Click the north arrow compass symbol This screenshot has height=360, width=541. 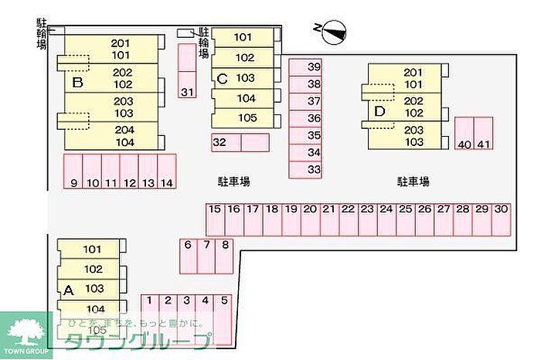332,30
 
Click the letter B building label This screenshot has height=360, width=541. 76,82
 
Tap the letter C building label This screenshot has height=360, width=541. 222,78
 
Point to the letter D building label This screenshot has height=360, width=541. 379,111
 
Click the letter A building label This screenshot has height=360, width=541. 68,290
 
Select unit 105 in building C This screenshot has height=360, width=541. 245,118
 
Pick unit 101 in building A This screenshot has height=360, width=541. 93,250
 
